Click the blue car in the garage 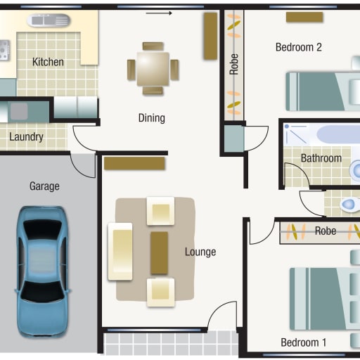pos(42,272)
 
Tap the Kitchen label pos(48,62)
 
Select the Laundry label pos(26,136)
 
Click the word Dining pos(152,118)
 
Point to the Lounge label pos(200,252)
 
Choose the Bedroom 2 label pos(299,47)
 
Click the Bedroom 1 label pos(304,342)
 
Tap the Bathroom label pos(321,158)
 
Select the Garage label pos(44,186)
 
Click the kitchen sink pos(49,20)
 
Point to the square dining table pos(153,69)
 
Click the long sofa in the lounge pos(120,252)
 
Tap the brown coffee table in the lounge pos(159,253)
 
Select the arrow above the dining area pos(159,13)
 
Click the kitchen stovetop pos(5,50)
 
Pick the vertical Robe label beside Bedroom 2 pos(234,64)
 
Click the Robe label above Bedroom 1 pos(326,231)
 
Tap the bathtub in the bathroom pos(338,134)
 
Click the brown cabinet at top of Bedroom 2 pos(304,17)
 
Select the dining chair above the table pos(153,46)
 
